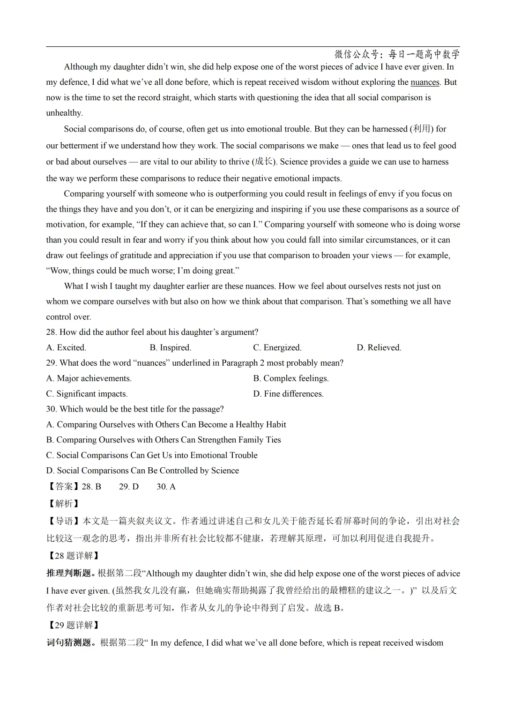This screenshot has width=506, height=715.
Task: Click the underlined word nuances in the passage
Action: [424, 82]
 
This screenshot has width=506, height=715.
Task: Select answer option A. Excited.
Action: [66, 347]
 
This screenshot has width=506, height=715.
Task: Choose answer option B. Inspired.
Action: [170, 347]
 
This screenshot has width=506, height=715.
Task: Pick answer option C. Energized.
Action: [277, 347]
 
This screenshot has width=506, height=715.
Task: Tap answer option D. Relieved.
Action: [379, 347]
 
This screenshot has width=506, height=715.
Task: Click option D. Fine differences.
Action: [288, 394]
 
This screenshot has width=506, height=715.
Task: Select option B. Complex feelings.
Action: [291, 378]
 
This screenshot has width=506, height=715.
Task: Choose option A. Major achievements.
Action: [89, 378]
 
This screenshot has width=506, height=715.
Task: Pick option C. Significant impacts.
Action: [87, 394]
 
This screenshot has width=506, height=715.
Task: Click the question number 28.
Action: [51, 332]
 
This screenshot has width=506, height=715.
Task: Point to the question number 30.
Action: [51, 409]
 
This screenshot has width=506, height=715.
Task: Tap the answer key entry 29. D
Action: [129, 486]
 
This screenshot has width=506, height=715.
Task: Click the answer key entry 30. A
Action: [166, 486]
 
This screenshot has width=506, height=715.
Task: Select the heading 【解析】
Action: [64, 504]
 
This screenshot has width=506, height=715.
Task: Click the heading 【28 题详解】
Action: [74, 556]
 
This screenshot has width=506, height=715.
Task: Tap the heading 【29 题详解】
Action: [74, 625]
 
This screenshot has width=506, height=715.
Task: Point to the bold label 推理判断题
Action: [69, 574]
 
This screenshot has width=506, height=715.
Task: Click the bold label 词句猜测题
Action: [69, 643]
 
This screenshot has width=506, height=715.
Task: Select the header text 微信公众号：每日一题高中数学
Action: [397, 54]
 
